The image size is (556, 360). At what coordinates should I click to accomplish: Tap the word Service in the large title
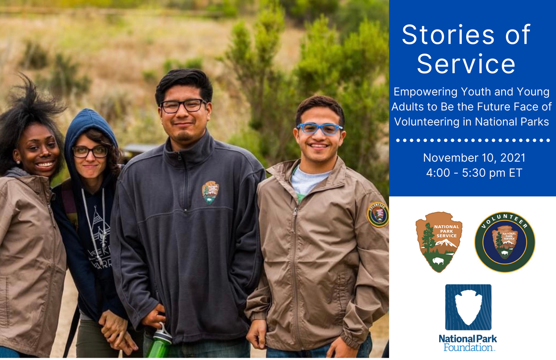tap(466, 64)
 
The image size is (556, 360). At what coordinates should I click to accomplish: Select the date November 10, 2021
tap(474, 158)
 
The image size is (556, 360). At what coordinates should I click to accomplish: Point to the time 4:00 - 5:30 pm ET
tap(474, 173)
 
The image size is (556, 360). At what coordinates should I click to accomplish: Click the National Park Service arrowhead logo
tap(438, 242)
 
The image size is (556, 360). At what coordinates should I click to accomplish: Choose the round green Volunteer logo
tap(505, 242)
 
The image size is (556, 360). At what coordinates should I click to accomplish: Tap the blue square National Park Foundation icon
tap(468, 307)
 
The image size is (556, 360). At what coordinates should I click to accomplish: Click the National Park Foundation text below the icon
tap(468, 343)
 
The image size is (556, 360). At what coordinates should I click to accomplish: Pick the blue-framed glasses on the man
tap(319, 128)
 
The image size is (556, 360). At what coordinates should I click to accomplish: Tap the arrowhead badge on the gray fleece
tap(210, 192)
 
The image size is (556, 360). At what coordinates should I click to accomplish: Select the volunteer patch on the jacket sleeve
tap(377, 214)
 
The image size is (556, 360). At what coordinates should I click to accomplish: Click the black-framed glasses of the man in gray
tap(183, 106)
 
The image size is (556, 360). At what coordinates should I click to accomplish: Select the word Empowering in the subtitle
tap(425, 92)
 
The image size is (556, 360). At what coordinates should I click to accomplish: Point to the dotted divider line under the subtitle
tap(473, 140)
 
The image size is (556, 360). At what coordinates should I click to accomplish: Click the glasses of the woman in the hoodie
tap(90, 151)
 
